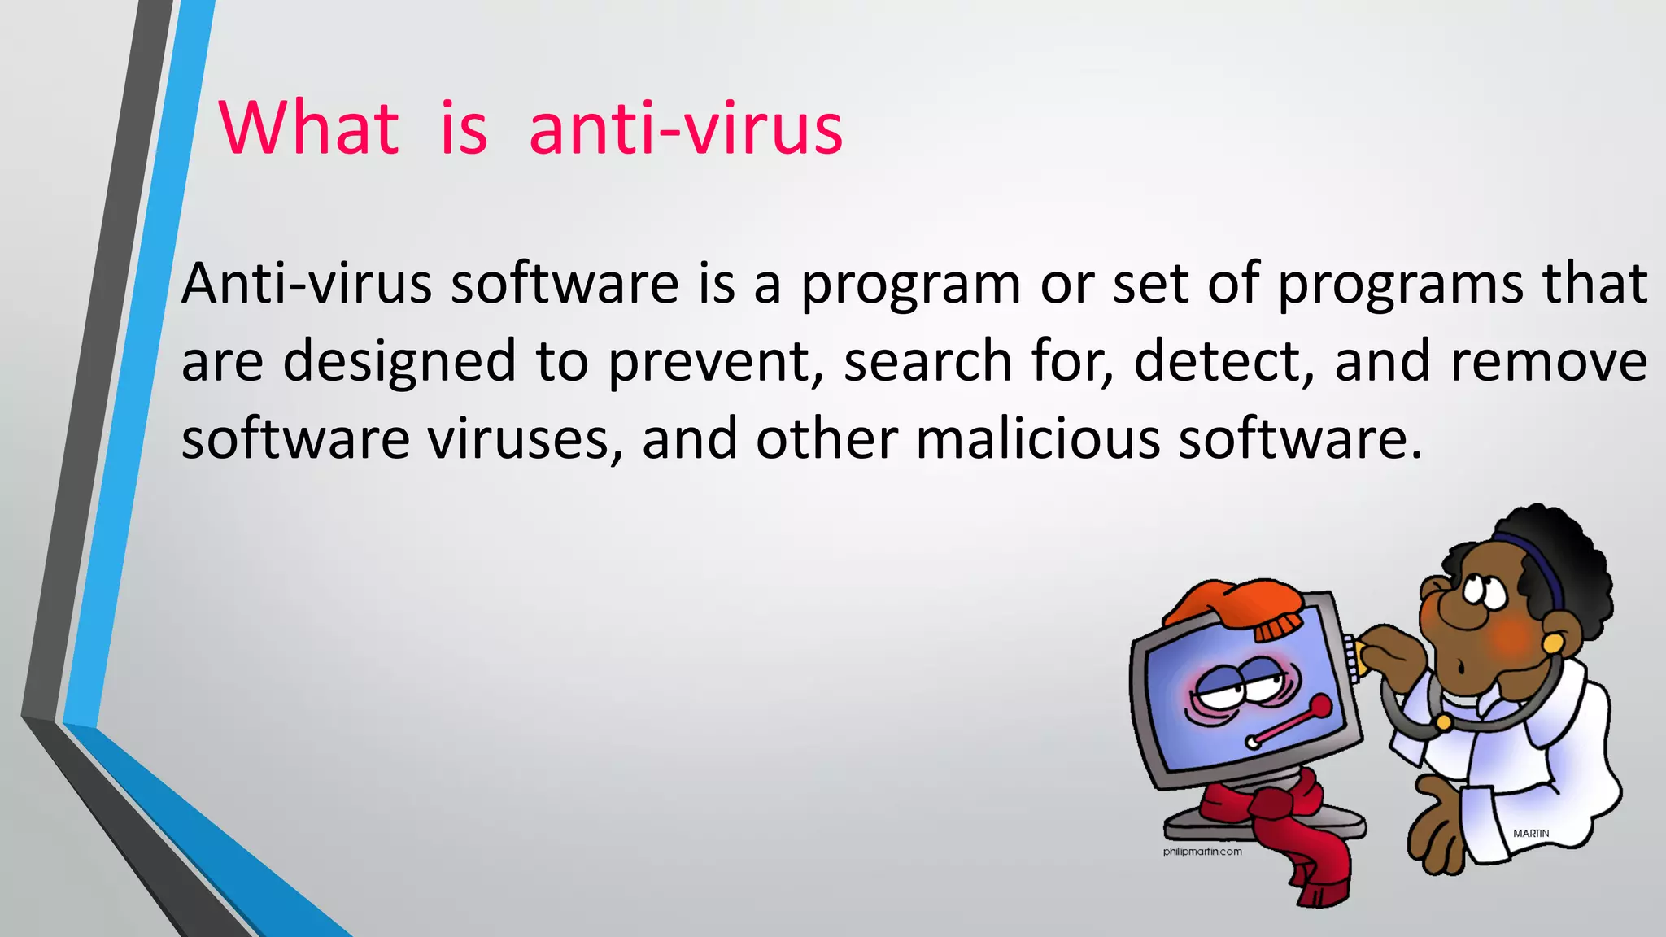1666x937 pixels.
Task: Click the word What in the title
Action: click(x=308, y=128)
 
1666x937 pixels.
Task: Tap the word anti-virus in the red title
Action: click(x=686, y=128)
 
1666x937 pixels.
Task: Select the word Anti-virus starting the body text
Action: click(x=306, y=284)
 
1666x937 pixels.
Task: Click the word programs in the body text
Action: click(x=1400, y=285)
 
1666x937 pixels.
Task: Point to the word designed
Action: click(x=399, y=363)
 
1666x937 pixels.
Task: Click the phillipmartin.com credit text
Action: click(x=1202, y=852)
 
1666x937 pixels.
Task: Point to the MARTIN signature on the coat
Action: click(x=1531, y=834)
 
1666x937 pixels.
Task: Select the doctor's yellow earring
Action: click(x=1552, y=643)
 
